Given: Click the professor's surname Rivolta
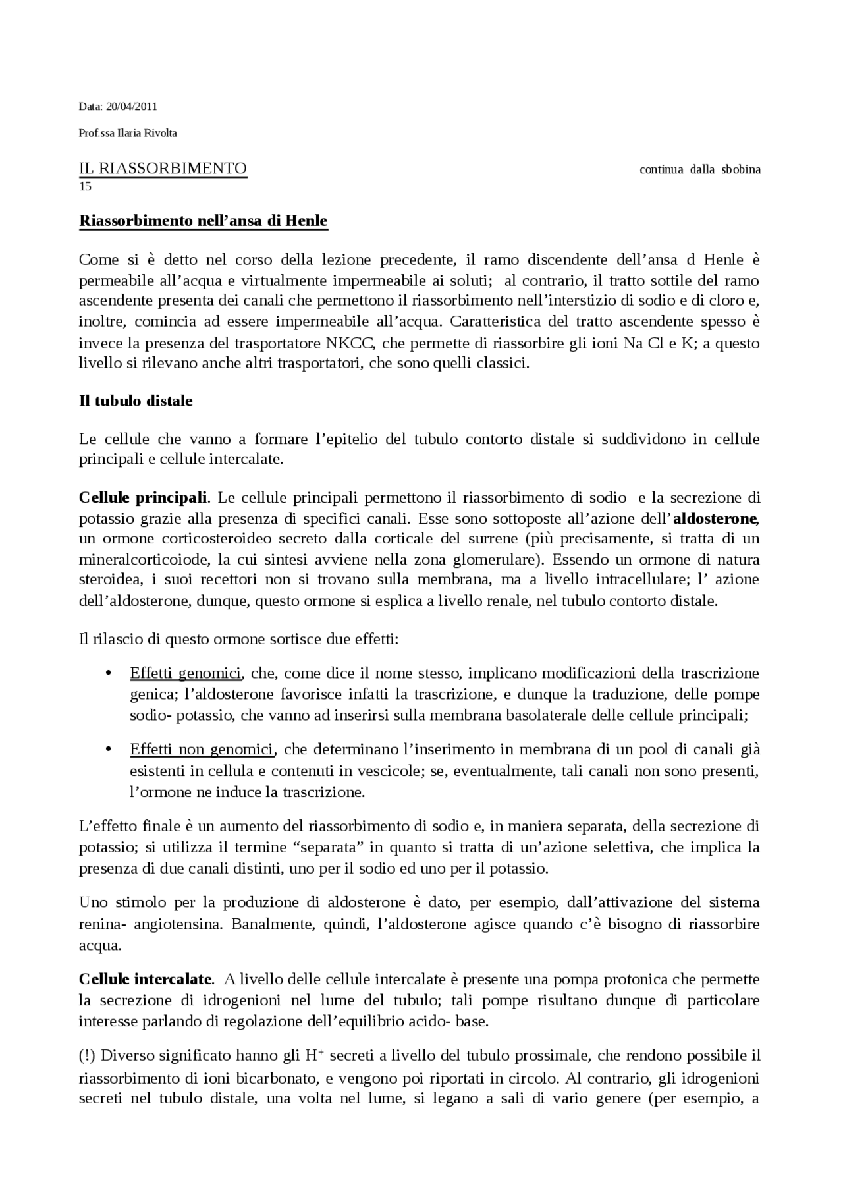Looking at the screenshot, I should point(161,133).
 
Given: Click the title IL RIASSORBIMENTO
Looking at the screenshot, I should point(163,169).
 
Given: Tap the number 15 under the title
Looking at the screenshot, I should point(85,186).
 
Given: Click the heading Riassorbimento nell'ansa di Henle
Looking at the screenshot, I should point(203,221).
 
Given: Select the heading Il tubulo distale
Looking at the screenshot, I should point(136,401).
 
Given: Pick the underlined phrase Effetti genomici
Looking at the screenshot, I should point(186,673).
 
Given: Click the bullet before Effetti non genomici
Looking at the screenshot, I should point(109,750).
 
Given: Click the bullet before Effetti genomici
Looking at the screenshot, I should point(109,673).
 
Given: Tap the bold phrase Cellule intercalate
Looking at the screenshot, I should point(146,979).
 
